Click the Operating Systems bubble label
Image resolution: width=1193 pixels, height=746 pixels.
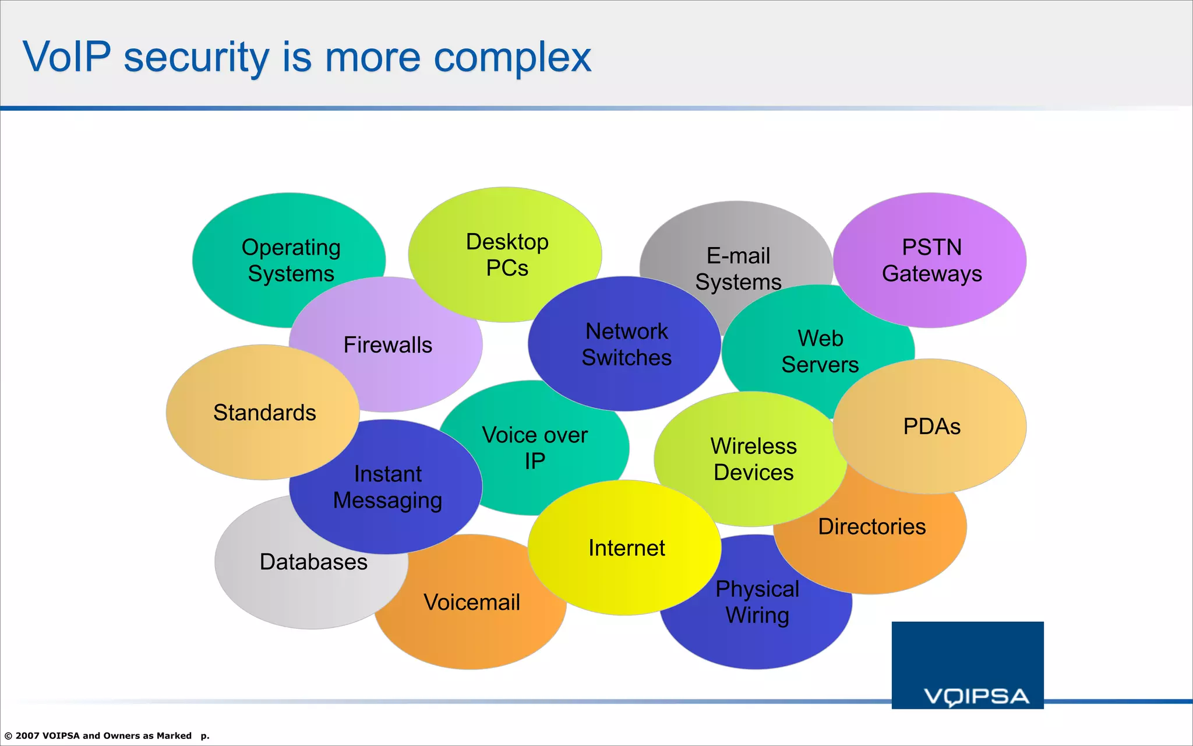tap(291, 261)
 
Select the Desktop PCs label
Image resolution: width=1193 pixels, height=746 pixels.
tap(507, 255)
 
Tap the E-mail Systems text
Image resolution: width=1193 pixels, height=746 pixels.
tap(738, 269)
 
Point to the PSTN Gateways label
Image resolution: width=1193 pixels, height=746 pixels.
tap(931, 261)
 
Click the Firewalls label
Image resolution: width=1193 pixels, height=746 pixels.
tap(387, 345)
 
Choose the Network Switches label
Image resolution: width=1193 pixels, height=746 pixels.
tap(626, 344)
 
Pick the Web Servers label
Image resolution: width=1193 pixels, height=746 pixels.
tap(820, 351)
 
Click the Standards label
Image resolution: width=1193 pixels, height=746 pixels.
tap(264, 413)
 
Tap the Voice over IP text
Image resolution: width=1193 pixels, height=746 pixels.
tap(534, 448)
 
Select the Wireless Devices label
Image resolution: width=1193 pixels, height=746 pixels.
tap(753, 459)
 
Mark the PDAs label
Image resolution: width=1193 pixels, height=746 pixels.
tap(931, 427)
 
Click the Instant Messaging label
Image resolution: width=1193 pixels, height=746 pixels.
tap(387, 487)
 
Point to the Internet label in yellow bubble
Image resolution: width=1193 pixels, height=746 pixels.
tap(626, 548)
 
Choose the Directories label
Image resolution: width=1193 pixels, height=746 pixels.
tap(871, 527)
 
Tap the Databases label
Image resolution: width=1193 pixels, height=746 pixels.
tap(313, 562)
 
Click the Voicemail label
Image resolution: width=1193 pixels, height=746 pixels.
tap(471, 603)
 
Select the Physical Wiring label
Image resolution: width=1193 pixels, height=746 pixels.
tap(757, 602)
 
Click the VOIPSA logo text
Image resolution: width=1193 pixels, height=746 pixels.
tap(976, 696)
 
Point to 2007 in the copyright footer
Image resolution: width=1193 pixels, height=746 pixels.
tap(27, 736)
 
